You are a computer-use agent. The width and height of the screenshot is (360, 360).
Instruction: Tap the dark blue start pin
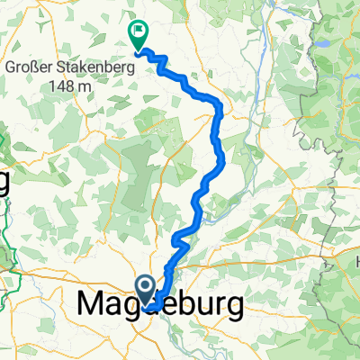point(145,289)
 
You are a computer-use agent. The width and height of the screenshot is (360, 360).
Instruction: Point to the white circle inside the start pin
point(145,286)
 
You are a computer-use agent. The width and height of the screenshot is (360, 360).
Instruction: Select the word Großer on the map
point(31,68)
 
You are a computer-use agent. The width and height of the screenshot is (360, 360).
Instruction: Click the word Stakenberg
point(97,68)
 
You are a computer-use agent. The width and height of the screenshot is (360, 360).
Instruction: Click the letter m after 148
point(86,86)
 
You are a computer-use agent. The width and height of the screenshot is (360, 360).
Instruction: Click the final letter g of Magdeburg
point(234,310)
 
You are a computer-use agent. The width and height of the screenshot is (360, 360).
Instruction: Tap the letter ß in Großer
point(42,68)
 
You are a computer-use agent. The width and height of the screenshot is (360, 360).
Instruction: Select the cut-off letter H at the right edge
point(355,258)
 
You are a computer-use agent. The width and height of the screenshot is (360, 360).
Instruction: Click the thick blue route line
point(216,135)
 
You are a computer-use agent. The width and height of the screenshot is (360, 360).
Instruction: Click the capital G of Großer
point(11,68)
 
